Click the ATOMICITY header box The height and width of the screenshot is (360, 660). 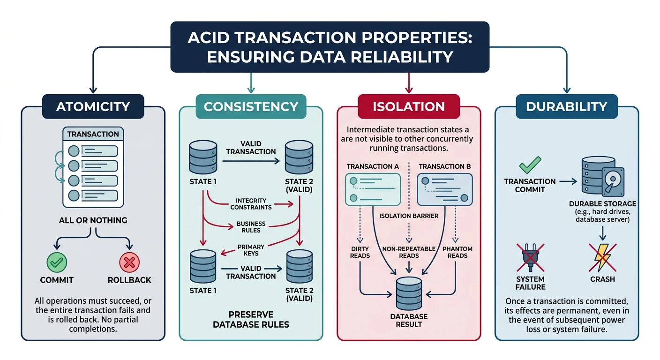click(x=93, y=106)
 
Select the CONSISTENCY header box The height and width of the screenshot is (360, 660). click(x=251, y=106)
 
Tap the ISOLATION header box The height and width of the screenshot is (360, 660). click(x=409, y=106)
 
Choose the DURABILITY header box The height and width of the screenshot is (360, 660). click(x=566, y=106)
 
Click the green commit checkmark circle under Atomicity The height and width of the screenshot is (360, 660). click(x=56, y=262)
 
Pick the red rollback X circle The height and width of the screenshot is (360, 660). click(x=129, y=262)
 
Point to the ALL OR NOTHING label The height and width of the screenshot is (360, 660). click(x=93, y=220)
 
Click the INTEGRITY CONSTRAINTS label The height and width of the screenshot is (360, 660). click(x=251, y=204)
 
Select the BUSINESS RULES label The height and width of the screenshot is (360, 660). click(x=251, y=227)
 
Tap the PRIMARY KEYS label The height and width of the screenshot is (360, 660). click(x=251, y=250)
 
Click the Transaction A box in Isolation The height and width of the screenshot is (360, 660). click(x=373, y=189)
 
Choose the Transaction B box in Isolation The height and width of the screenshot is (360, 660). click(x=445, y=189)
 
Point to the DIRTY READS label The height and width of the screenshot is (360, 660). click(x=360, y=252)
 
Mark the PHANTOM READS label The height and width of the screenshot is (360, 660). click(x=457, y=252)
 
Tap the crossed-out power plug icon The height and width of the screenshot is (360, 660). click(x=531, y=257)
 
